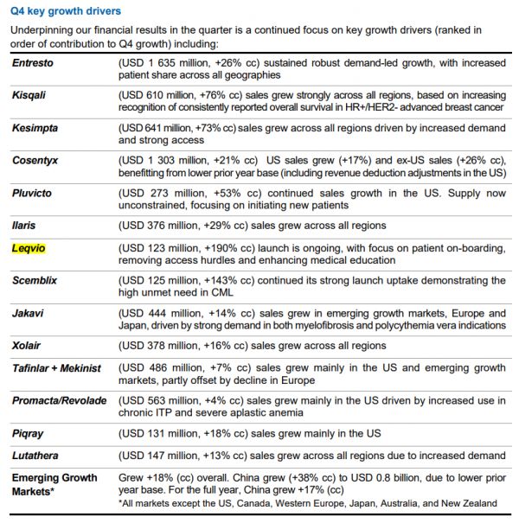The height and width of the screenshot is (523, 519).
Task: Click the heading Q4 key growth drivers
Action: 66,11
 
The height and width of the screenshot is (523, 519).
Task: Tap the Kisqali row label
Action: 31,96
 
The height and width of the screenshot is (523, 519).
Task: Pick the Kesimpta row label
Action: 35,128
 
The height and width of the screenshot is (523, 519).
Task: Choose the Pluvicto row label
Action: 34,193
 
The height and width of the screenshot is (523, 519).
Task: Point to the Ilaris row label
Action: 25,225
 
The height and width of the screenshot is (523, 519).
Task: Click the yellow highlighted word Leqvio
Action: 29,248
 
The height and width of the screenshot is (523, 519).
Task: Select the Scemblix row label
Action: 35,281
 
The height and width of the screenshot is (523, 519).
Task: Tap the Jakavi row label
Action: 29,313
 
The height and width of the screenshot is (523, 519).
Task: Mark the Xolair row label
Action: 27,345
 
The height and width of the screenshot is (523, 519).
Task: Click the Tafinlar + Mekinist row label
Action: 56,368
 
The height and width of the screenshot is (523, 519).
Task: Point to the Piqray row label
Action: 29,433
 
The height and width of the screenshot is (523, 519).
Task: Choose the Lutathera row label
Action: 35,456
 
